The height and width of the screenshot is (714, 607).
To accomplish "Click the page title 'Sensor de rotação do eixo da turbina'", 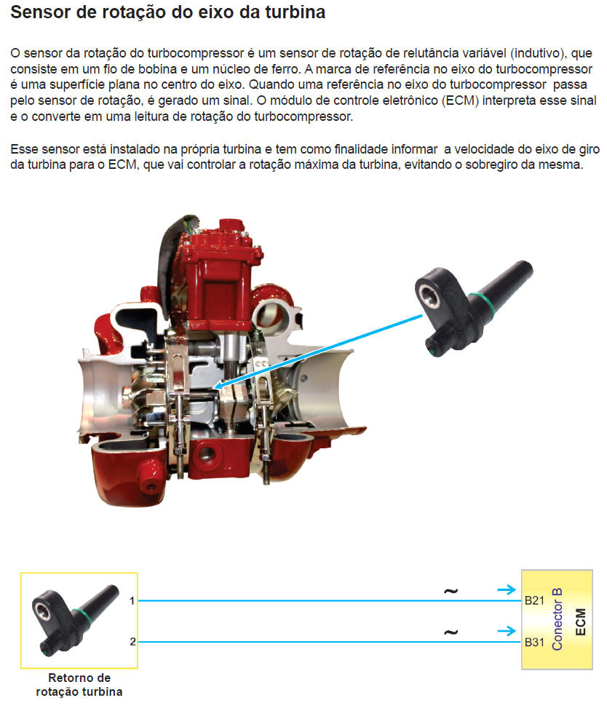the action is click(167, 12).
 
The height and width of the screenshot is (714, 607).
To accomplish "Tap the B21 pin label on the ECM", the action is click(534, 600).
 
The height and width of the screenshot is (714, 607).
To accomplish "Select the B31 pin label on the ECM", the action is click(534, 642).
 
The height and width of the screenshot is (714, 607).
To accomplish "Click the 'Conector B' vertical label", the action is click(557, 619).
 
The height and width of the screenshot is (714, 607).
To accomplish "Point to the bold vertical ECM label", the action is click(580, 622).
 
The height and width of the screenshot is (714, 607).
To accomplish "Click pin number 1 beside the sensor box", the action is click(132, 600).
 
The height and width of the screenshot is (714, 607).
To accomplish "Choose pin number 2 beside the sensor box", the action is click(132, 642).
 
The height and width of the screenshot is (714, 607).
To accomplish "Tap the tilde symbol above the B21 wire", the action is click(451, 591).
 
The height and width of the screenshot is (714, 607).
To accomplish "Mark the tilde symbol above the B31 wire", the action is click(451, 632).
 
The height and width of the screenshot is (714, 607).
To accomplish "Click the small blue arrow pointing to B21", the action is click(507, 590).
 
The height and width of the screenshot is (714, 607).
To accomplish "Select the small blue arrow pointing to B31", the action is click(507, 631).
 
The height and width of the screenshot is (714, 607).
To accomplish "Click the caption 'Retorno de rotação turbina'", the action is click(79, 684).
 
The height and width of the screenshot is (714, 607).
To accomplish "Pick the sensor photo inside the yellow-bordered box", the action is click(76, 619).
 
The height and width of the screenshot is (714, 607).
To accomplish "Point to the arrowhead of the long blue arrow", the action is click(218, 386).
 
